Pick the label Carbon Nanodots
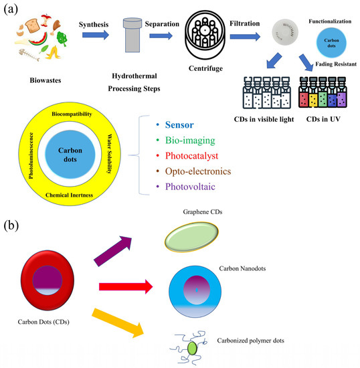(x=242, y=268)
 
